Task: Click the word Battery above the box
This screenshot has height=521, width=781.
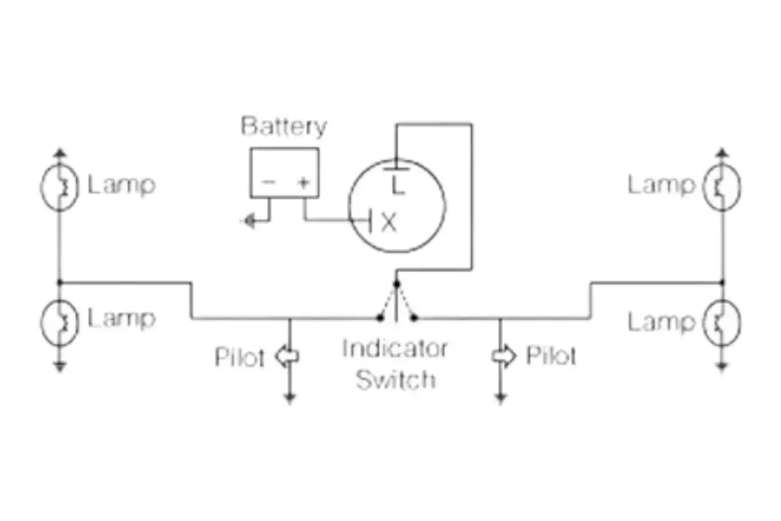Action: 284,126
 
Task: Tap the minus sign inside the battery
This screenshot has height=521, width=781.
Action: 268,182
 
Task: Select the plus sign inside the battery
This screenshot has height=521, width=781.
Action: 304,182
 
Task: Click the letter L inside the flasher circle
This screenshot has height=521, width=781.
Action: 398,185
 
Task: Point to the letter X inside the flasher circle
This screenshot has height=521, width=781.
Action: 389,222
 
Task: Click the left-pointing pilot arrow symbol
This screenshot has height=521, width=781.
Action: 287,356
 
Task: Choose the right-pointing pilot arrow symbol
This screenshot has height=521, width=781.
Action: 503,356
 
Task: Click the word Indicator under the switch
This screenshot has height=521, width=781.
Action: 395,349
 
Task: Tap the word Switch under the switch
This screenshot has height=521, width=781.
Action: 395,379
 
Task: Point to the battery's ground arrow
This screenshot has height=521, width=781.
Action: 249,221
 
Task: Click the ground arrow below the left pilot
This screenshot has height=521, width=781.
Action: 289,398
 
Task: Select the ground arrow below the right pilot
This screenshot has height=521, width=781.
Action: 500,398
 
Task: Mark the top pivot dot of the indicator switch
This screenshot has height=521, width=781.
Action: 397,284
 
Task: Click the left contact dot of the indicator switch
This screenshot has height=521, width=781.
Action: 380,317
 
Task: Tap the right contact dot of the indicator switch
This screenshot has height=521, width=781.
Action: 414,317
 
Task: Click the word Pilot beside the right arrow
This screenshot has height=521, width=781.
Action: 551,356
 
